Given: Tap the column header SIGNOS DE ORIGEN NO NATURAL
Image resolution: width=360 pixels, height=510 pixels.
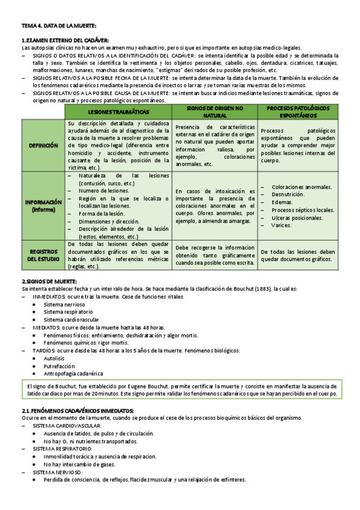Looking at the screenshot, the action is (215, 111).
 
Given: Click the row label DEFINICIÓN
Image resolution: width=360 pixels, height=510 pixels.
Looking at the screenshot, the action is (43, 145).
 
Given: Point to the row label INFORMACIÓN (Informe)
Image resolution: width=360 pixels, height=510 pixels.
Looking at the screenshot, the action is (43, 206).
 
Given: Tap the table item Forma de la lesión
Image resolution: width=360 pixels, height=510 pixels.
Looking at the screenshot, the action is (100, 214).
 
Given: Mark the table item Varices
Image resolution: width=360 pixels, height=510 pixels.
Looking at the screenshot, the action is (282, 225).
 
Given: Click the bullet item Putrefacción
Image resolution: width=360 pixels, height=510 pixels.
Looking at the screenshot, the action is (59, 366).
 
